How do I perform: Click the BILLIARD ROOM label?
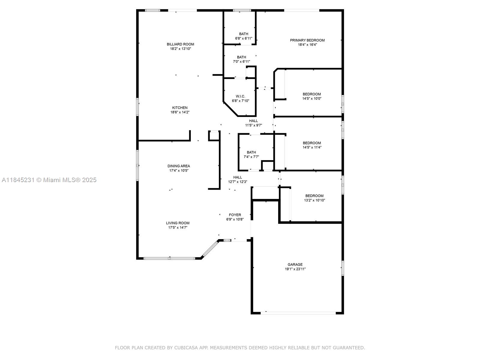point(180,44)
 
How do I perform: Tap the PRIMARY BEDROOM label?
point(307,40)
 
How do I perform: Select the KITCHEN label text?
point(179,107)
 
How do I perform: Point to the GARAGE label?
point(295,265)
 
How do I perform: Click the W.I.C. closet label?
point(240,96)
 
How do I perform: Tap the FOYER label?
point(235,215)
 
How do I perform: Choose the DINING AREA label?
point(179,166)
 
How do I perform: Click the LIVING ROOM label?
point(178,223)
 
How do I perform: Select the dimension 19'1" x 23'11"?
point(295,269)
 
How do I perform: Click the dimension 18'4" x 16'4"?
point(307,45)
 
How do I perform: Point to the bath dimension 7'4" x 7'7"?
point(251,157)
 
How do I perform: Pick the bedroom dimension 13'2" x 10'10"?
point(314,200)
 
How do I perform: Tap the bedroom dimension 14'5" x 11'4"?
point(312,147)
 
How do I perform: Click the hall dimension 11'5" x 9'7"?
point(253,125)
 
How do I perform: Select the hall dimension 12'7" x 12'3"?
point(238,181)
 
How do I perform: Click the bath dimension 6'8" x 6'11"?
point(244,38)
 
